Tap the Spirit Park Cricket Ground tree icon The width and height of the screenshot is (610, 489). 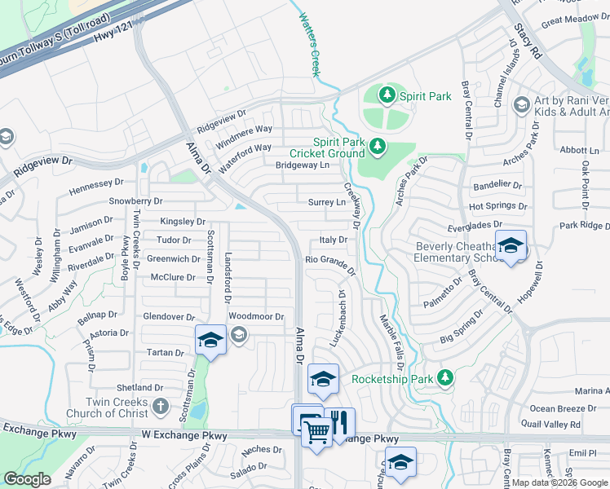tap(377, 147)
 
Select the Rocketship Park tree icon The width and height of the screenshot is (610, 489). tap(444, 378)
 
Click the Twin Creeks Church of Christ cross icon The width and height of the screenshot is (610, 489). tap(161, 406)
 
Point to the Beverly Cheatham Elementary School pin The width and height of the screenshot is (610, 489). tap(511, 245)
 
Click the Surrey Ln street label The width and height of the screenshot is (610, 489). tap(327, 202)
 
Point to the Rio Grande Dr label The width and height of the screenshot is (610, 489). tap(331, 262)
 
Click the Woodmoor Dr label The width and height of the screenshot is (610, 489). tap(256, 316)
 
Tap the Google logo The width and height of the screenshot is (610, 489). tap(28, 479)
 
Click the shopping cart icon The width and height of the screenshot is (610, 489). tap(316, 431)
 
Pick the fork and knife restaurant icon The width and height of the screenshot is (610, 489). tap(340, 421)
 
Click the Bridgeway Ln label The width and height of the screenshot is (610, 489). tap(302, 165)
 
